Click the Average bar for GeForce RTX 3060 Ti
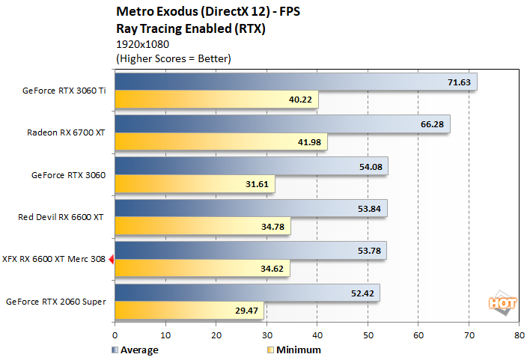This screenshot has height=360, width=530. coord(295,82)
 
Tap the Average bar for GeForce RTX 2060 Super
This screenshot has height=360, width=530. coord(246,293)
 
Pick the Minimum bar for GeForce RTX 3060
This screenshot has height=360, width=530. coord(195,184)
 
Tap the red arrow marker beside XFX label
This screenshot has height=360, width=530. coord(111,260)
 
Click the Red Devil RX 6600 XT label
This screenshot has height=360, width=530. coord(61,218)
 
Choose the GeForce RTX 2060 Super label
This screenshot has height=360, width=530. coord(56,302)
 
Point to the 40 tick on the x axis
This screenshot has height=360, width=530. coord(317,336)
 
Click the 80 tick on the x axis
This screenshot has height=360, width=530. coord(520,336)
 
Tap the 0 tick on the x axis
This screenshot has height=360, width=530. coord(115,336)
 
